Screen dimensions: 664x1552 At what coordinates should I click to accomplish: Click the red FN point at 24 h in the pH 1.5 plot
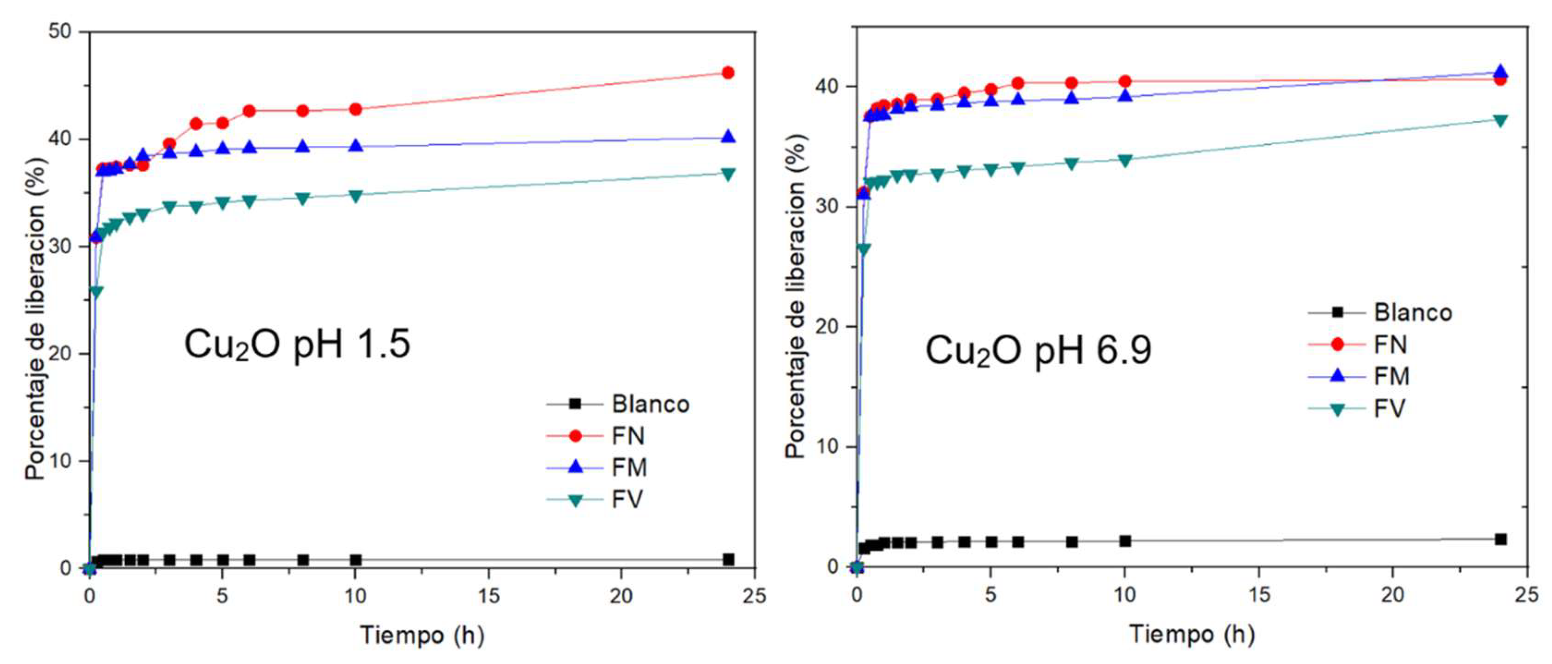(728, 73)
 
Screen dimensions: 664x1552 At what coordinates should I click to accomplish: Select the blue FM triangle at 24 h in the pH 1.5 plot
(728, 137)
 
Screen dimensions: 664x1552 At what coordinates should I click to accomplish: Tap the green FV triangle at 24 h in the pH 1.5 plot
(728, 174)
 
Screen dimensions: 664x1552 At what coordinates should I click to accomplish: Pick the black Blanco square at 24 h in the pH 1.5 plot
(728, 559)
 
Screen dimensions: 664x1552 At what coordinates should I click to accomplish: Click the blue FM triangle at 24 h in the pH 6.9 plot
(1500, 72)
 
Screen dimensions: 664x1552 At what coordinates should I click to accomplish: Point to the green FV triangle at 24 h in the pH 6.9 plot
(1500, 120)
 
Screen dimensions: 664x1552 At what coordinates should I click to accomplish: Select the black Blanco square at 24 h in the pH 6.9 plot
(1500, 539)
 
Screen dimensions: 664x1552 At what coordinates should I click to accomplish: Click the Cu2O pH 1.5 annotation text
(297, 345)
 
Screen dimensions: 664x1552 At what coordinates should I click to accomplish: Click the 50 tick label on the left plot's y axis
(60, 31)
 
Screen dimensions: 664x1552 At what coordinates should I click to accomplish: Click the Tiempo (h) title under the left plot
(422, 635)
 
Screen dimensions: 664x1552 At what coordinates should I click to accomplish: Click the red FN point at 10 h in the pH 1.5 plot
(356, 110)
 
